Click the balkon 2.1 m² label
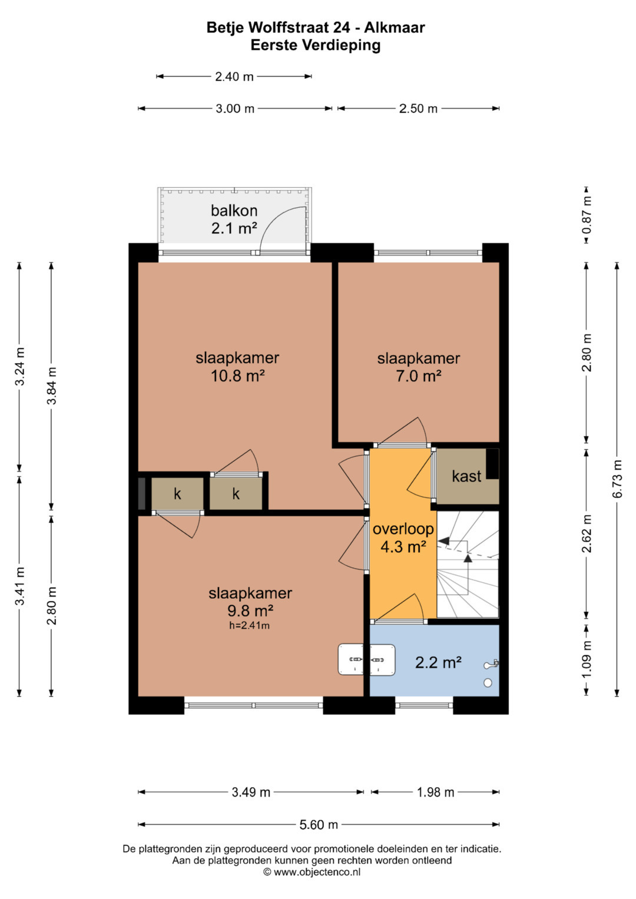(x=234, y=219)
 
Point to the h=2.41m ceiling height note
(x=249, y=625)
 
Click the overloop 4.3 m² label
(x=403, y=538)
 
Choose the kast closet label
(x=466, y=476)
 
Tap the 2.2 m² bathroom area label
(x=438, y=662)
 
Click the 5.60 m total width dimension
(x=319, y=824)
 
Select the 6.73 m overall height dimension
(x=617, y=479)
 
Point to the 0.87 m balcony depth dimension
(x=587, y=214)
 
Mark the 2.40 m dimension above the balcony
(x=234, y=77)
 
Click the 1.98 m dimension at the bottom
(x=435, y=792)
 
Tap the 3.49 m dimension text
(x=251, y=792)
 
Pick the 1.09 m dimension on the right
(x=587, y=659)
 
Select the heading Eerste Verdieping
(x=316, y=45)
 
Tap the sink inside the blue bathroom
(x=382, y=659)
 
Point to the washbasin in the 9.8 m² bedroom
(x=350, y=659)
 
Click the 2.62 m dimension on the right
(x=587, y=533)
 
